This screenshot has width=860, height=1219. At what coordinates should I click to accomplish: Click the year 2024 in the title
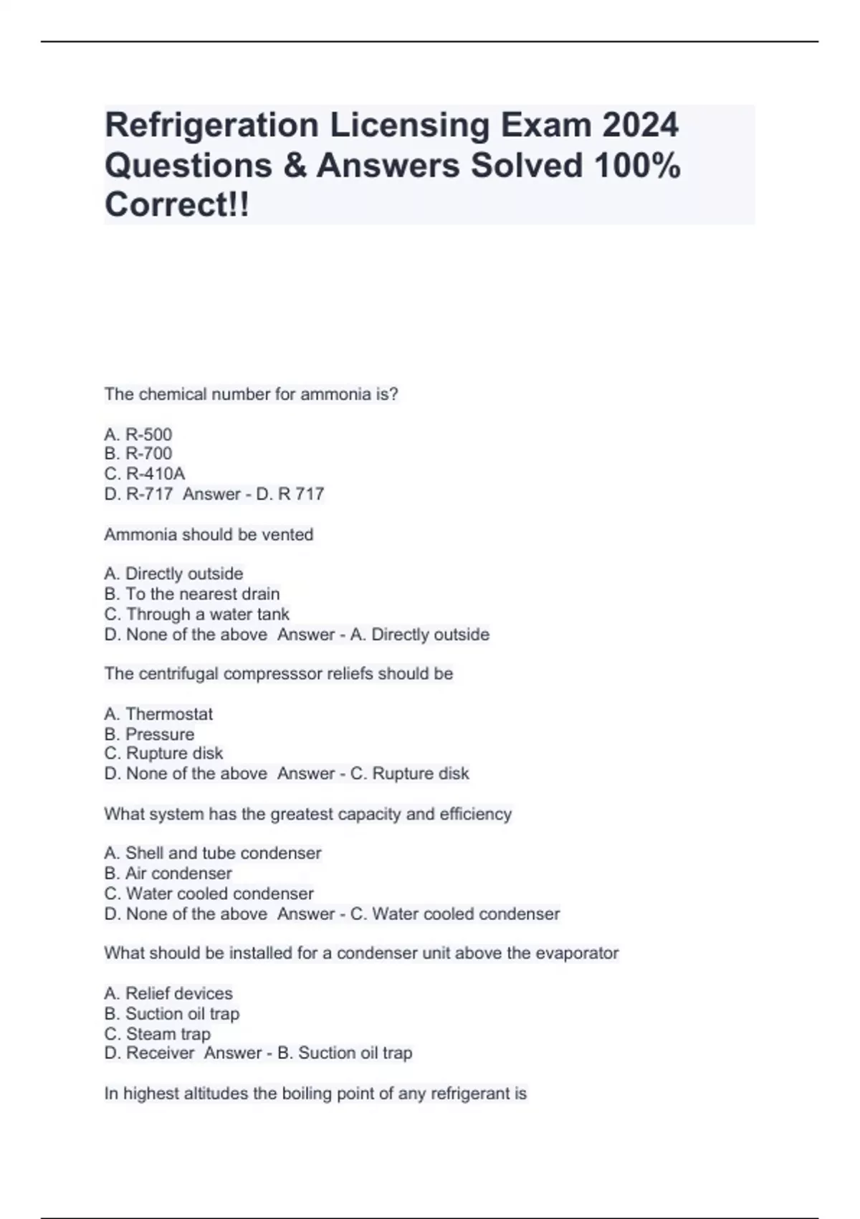tap(640, 125)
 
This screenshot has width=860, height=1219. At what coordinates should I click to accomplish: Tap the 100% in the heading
tap(637, 166)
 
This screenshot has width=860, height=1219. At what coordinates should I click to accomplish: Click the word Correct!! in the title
tap(177, 205)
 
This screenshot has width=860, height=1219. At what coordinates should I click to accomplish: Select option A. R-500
tap(138, 435)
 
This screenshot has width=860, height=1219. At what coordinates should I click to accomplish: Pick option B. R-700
tap(138, 454)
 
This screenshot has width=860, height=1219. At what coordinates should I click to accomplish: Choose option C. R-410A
tap(145, 474)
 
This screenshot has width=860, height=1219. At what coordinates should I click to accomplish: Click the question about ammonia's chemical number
tap(251, 394)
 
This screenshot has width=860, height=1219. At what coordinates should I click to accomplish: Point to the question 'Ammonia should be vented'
tap(209, 535)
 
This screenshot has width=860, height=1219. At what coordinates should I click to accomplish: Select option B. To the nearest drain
tap(192, 594)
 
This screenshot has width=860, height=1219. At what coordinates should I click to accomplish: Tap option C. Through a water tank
tap(197, 615)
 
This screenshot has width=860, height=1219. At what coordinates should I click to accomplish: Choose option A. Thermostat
tap(158, 714)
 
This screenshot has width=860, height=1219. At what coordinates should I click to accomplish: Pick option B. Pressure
tap(149, 734)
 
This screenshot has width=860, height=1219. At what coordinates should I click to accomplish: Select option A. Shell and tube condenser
tap(213, 853)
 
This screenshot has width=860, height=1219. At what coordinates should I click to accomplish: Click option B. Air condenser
tap(168, 873)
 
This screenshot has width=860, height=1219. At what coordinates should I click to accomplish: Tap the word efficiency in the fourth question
tap(476, 815)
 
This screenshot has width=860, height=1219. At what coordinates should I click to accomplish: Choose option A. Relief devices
tap(168, 994)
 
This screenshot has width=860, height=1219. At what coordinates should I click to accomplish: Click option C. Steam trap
tap(158, 1034)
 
